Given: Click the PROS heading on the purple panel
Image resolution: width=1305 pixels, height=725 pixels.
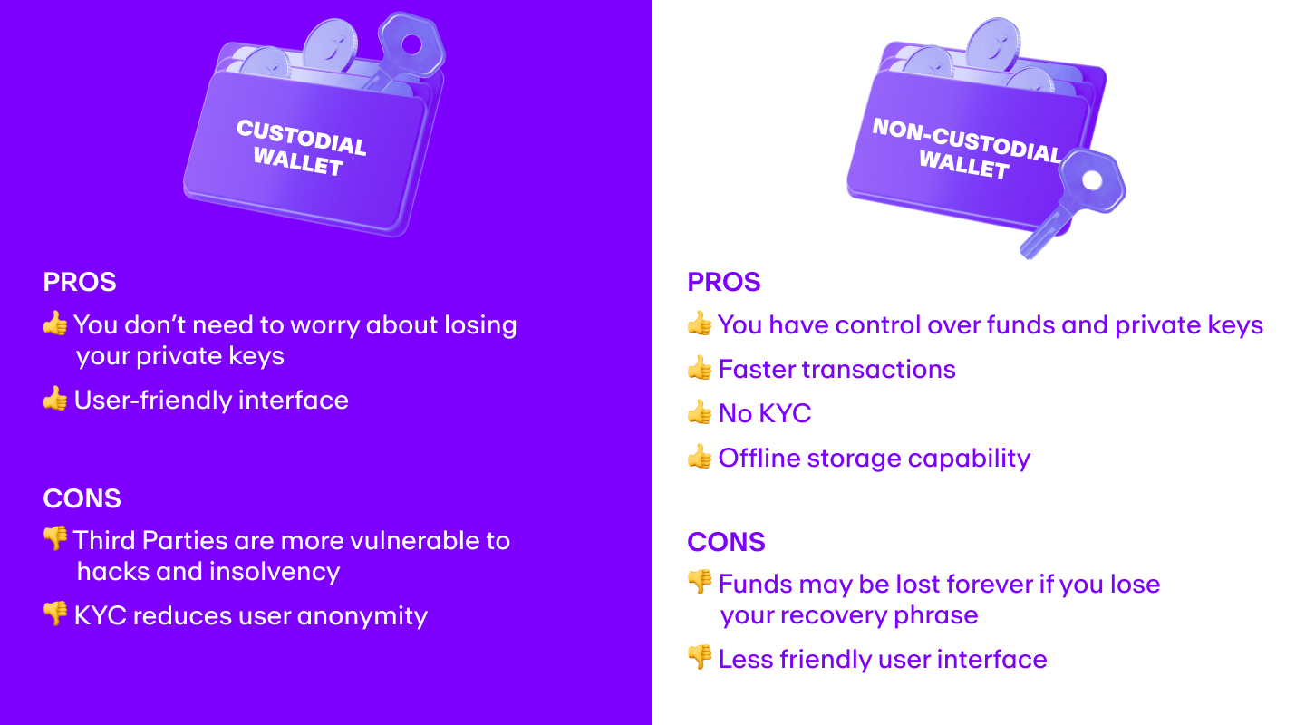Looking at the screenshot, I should (80, 282).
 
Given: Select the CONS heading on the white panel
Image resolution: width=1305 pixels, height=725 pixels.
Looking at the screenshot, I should (726, 542).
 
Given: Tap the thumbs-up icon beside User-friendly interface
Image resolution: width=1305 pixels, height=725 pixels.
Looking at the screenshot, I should (55, 400).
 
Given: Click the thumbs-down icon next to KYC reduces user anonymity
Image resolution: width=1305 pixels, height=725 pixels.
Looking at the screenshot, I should (55, 614).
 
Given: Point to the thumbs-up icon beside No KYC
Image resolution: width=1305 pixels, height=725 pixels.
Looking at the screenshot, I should (700, 413).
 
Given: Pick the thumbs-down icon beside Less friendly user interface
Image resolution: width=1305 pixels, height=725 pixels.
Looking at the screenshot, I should (700, 658).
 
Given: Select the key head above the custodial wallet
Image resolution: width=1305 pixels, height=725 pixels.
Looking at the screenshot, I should (411, 43).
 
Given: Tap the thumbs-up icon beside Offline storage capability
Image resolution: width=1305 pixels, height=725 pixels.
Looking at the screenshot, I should (700, 458).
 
